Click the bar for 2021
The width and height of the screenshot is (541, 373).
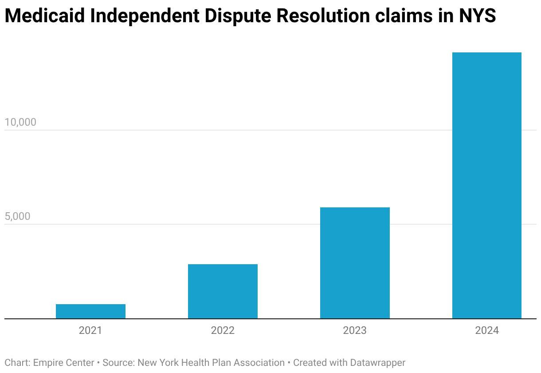(x=90, y=311)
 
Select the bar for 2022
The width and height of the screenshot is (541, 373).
(x=223, y=291)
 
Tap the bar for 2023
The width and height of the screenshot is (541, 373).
(x=355, y=263)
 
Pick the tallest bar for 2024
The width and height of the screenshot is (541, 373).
(x=486, y=186)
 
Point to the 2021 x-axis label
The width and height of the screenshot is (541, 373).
(x=90, y=330)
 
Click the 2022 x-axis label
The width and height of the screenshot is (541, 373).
(x=223, y=330)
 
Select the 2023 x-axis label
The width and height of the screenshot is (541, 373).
(x=355, y=330)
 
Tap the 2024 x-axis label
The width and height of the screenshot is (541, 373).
(x=486, y=330)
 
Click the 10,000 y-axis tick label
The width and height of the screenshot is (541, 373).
(x=20, y=122)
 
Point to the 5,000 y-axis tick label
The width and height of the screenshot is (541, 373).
(x=18, y=216)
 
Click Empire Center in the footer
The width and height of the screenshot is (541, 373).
(x=63, y=363)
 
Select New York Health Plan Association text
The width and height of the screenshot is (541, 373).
(x=211, y=363)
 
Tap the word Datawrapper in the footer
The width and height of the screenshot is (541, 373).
(x=378, y=363)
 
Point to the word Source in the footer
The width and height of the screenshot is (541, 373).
(x=117, y=363)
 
